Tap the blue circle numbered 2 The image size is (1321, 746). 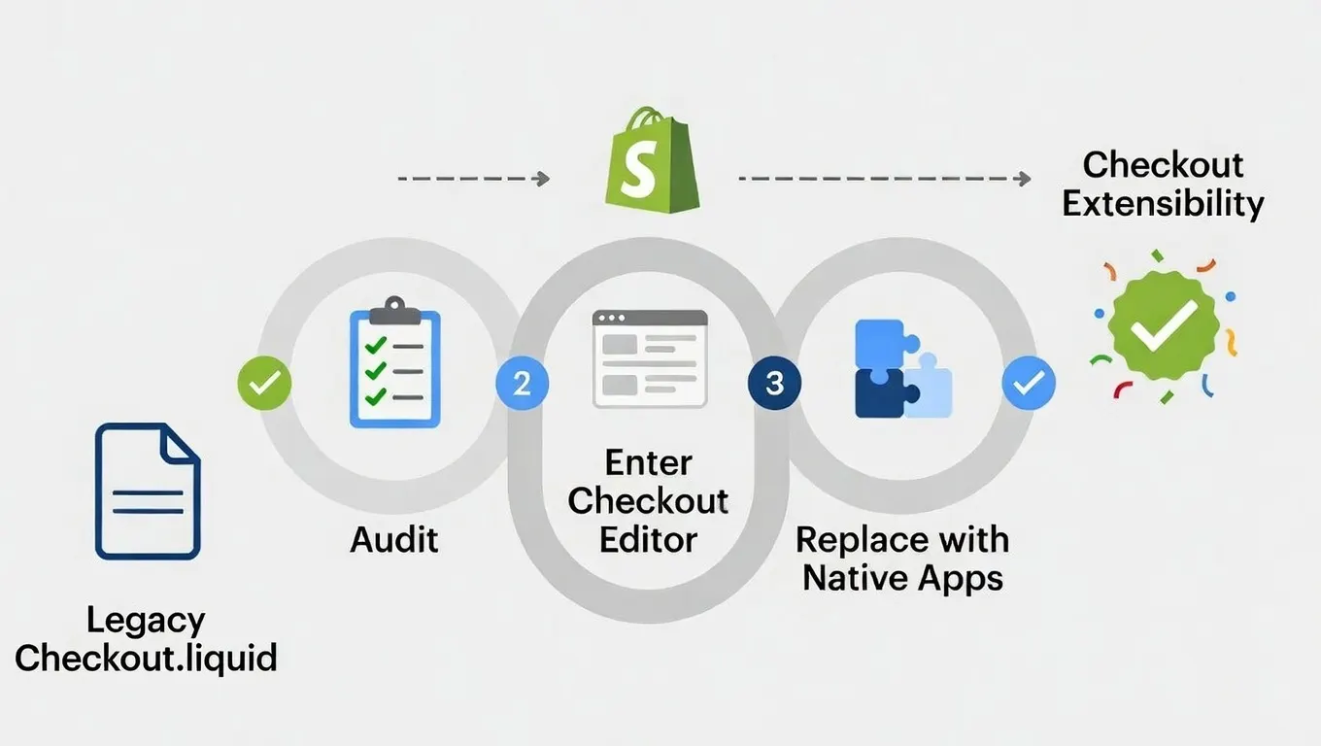(522, 383)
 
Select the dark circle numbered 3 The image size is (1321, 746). (774, 383)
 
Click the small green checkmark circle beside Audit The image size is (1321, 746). (264, 383)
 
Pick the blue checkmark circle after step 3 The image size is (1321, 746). (1029, 383)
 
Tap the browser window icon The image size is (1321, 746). (649, 358)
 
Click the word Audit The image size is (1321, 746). (394, 539)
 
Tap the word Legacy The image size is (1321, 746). (146, 620)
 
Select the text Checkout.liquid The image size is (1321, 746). (146, 658)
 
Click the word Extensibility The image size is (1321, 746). (1163, 204)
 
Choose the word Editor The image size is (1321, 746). (648, 539)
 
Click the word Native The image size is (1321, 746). (851, 579)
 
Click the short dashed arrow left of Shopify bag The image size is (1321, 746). (474, 179)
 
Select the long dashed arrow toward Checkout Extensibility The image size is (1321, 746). (884, 179)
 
